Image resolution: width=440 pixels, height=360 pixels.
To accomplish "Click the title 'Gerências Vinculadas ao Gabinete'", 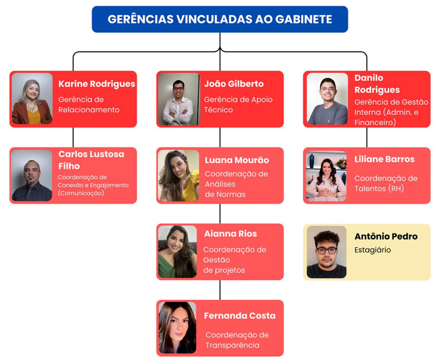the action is tap(220, 19).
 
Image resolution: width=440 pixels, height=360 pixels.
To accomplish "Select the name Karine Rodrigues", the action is tap(97, 84).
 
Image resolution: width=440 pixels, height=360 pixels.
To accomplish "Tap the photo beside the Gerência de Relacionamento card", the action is tap(32, 98).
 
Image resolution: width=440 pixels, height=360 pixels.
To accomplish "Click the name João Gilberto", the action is tap(234, 84).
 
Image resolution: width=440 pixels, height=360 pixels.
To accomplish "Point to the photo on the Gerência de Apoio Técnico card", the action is tap(179, 99).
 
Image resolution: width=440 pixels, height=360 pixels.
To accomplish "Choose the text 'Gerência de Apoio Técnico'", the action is tap(238, 104).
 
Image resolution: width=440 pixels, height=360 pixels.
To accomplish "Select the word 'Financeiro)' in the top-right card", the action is tap(375, 122).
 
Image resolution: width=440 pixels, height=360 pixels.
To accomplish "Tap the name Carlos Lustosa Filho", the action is tap(91, 160).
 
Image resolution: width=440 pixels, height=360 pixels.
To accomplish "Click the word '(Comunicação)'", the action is tap(81, 193).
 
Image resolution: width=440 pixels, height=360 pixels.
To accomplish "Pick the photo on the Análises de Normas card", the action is tap(178, 176).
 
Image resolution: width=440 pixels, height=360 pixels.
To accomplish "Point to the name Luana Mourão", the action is tap(237, 160).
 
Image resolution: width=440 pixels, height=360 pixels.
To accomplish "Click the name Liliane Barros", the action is tap(385, 159).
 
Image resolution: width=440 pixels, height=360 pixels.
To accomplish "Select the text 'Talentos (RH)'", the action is tap(379, 188).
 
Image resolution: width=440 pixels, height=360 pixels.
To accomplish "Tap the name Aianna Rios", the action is tap(230, 234).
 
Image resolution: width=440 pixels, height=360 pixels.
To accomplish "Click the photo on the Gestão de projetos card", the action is tap(177, 252).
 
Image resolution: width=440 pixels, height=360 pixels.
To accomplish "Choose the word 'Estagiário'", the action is tap(373, 250).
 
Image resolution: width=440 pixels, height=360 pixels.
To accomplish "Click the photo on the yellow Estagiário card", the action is tap(327, 252).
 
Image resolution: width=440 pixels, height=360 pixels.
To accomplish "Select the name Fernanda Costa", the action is tap(240, 316).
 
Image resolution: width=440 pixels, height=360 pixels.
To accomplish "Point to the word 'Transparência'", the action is tap(232, 345).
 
